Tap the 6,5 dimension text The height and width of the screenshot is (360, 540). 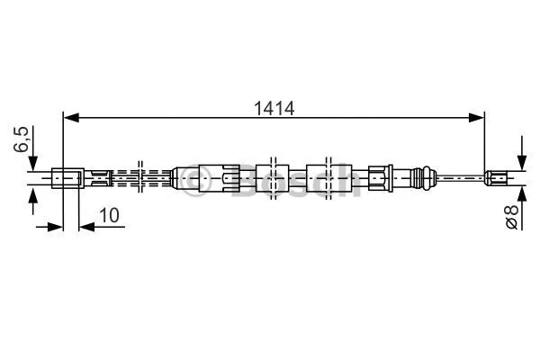click(x=24, y=141)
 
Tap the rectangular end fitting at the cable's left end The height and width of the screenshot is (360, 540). click(x=69, y=178)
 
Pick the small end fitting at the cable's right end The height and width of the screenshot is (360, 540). click(x=496, y=177)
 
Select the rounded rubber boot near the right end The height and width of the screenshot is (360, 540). click(x=421, y=176)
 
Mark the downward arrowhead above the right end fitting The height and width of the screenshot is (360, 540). click(x=520, y=161)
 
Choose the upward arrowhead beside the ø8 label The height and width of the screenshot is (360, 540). click(x=520, y=193)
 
